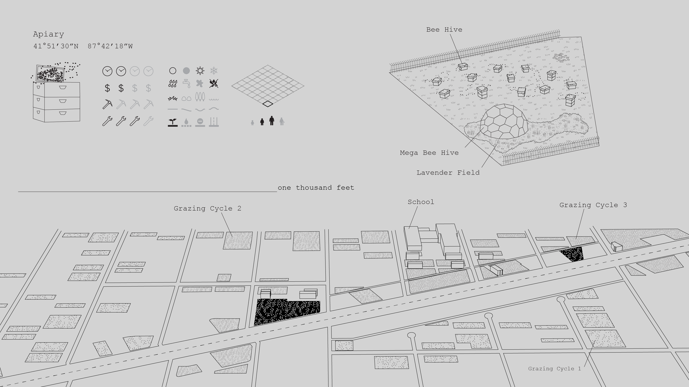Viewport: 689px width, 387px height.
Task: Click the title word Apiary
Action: coord(48,34)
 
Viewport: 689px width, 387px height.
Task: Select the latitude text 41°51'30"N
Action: coord(56,46)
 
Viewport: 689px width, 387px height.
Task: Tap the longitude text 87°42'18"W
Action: coord(110,46)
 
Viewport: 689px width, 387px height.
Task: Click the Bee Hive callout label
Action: coord(444,30)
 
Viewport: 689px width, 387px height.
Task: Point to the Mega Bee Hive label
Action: coord(429,153)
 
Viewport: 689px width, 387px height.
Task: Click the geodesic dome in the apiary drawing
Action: coord(504,122)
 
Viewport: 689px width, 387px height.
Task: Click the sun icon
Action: coord(200,71)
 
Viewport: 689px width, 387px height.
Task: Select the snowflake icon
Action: coord(213,71)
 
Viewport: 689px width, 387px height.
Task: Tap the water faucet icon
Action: coord(186,84)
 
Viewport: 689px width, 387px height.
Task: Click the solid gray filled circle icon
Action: coord(186,71)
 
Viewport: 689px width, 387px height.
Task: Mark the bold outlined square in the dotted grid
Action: coord(268,104)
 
